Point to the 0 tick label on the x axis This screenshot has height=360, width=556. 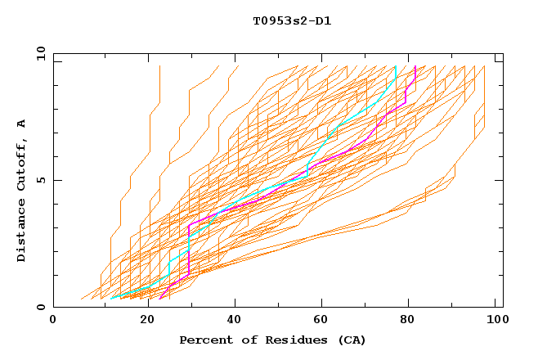click(x=53, y=321)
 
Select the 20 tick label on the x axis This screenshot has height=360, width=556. click(x=147, y=321)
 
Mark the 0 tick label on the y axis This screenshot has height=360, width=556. click(x=40, y=308)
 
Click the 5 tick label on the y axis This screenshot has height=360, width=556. click(x=40, y=180)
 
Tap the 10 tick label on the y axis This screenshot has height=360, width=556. click(x=38, y=53)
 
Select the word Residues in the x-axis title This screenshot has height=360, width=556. click(x=282, y=340)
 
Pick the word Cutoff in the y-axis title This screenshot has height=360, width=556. click(x=22, y=164)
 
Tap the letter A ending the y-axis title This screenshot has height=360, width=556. click(x=22, y=124)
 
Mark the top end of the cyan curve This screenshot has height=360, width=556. click(x=396, y=66)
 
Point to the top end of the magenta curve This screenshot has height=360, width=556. click(x=415, y=66)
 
